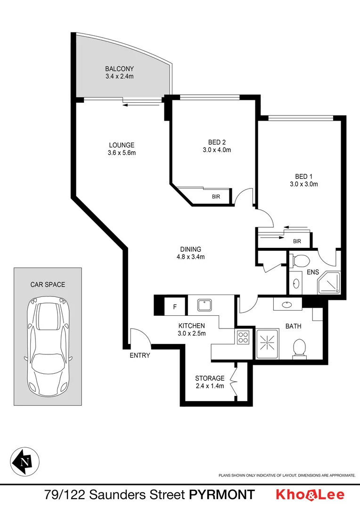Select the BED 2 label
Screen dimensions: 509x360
click(217, 142)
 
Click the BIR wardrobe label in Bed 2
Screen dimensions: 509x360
click(215, 197)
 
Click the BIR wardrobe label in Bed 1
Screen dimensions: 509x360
click(297, 241)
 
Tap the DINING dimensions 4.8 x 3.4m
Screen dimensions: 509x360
click(190, 257)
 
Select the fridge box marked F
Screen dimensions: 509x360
click(175, 307)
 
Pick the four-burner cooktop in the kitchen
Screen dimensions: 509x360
click(243, 337)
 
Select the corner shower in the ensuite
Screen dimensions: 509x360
click(328, 283)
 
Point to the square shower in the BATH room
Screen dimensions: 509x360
click(267, 344)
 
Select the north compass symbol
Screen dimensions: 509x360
click(25, 460)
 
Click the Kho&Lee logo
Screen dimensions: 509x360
click(310, 495)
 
